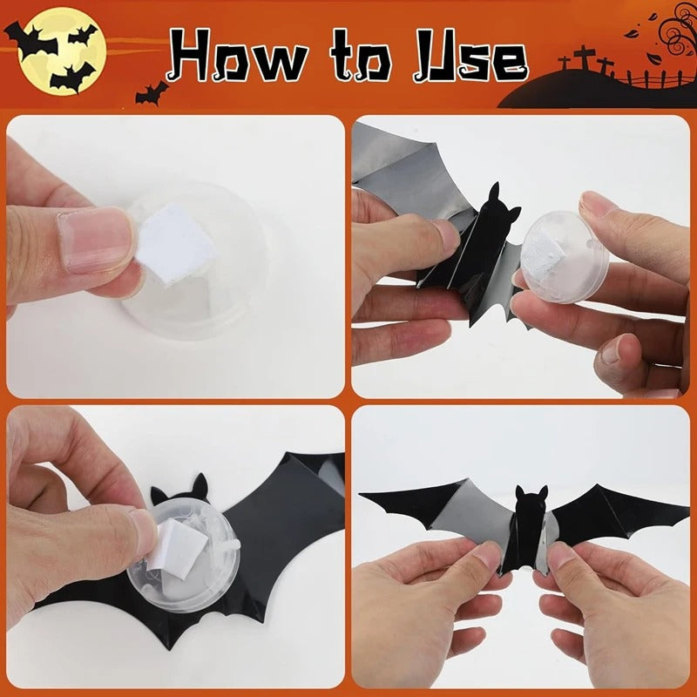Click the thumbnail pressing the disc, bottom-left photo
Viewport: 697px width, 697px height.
(x=145, y=533)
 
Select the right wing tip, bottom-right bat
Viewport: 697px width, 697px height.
(x=684, y=500)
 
